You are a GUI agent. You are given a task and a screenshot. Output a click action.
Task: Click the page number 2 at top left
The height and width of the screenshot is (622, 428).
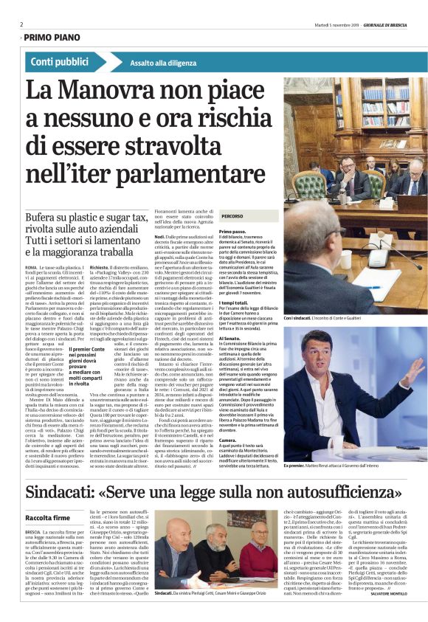point(21,24)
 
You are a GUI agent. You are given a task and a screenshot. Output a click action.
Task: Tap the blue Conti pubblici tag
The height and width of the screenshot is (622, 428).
point(63,63)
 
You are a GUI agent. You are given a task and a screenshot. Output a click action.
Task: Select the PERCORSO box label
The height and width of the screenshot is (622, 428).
point(232,216)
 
